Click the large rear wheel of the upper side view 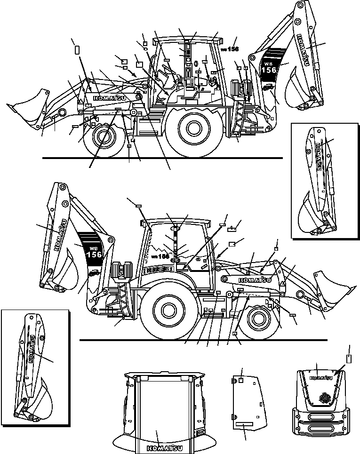(x=193, y=127)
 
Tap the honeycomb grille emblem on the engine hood (x=323, y=398)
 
